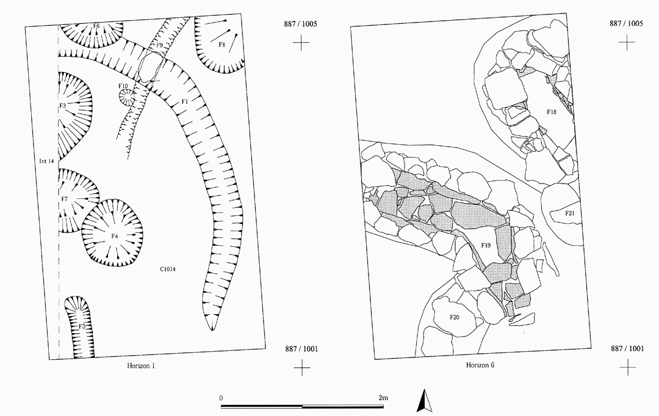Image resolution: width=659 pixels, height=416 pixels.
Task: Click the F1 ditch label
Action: [184, 101]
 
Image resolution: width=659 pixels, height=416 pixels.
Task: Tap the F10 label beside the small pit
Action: [123, 86]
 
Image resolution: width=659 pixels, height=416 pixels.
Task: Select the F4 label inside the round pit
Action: [114, 236]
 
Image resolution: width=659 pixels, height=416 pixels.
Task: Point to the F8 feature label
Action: [222, 45]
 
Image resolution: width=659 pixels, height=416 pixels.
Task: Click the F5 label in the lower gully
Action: [82, 326]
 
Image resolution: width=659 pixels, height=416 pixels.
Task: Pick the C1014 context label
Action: [167, 270]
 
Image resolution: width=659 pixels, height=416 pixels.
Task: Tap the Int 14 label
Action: [46, 161]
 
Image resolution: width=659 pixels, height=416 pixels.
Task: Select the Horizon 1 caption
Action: [141, 366]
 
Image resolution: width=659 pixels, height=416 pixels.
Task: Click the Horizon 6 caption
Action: [480, 365]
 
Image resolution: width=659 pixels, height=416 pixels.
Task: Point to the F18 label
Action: [552, 112]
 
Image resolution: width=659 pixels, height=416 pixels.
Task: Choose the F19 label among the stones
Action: [486, 245]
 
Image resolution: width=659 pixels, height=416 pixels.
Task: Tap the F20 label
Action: [455, 317]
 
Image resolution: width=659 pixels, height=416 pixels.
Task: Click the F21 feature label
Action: [569, 213]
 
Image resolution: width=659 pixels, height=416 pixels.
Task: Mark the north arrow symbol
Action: [425, 401]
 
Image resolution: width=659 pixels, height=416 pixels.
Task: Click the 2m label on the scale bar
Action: [383, 398]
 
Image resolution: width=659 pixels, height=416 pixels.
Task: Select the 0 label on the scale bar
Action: [221, 398]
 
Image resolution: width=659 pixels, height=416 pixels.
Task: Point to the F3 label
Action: [63, 106]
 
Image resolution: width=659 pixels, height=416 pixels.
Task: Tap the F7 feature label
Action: [64, 199]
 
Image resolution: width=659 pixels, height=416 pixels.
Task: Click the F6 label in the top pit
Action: [96, 26]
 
